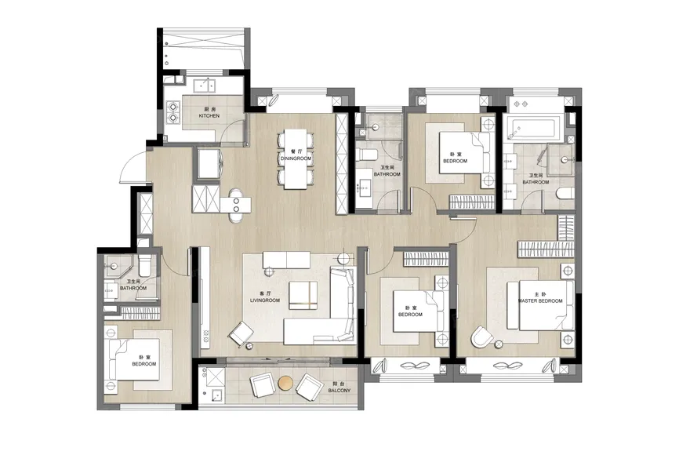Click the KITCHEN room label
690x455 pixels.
click(x=209, y=116)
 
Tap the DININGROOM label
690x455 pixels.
click(x=296, y=158)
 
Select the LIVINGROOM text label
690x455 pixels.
click(x=265, y=300)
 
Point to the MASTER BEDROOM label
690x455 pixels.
click(x=540, y=300)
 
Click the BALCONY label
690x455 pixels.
click(x=340, y=391)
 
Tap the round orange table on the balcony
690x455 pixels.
click(x=285, y=384)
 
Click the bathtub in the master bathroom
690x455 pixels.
click(x=533, y=127)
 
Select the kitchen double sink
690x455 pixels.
click(x=204, y=85)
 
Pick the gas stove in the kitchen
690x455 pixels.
click(x=173, y=112)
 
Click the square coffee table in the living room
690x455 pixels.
click(x=303, y=296)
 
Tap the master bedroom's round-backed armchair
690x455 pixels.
click(x=482, y=338)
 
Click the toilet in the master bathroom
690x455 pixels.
click(x=565, y=193)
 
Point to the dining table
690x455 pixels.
click(x=295, y=159)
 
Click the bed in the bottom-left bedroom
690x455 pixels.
click(x=134, y=360)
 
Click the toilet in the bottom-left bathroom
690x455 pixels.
click(x=145, y=265)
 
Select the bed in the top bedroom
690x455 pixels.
click(x=465, y=153)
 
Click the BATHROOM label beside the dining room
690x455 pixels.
click(x=387, y=174)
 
